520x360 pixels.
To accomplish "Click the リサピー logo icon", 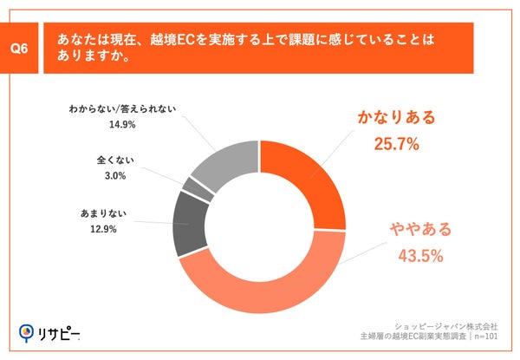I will tap(28, 331).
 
